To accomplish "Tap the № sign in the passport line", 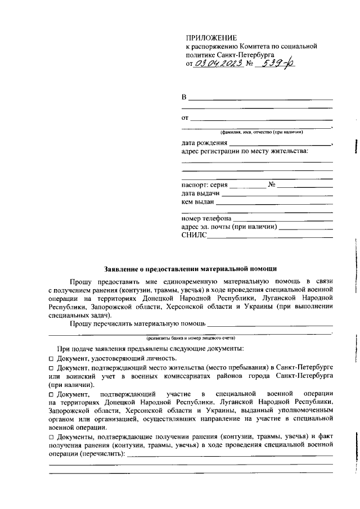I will [x=271, y=184].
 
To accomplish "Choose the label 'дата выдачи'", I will [x=200, y=193].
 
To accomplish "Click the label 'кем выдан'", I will [x=198, y=201].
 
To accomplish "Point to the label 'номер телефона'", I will [x=206, y=218].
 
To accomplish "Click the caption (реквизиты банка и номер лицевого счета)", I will [x=191, y=337].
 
